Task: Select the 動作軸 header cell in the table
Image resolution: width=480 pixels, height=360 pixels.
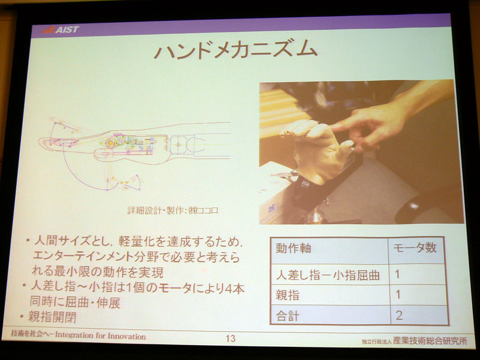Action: coord(293,248)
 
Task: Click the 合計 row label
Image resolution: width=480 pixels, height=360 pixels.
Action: coord(288,314)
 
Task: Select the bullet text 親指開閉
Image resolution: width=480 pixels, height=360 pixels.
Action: coord(55,317)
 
